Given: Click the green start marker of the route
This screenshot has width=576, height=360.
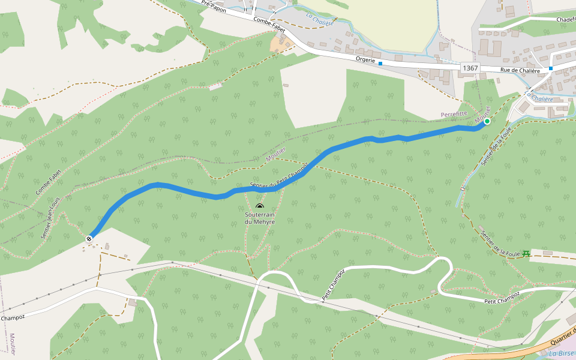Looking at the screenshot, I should (x=487, y=121).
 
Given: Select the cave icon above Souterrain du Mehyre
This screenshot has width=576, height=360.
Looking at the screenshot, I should (x=260, y=207).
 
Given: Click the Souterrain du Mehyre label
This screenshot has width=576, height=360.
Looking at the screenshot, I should (x=260, y=218).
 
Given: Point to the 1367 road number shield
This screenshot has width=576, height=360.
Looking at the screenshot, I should (x=470, y=68).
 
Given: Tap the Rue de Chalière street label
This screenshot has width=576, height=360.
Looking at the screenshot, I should (x=520, y=70).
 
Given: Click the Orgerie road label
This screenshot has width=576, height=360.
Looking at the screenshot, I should (x=365, y=60).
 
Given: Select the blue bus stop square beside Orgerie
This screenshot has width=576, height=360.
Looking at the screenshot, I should (x=380, y=63).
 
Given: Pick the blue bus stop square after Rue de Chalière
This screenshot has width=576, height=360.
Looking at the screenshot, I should (x=550, y=69).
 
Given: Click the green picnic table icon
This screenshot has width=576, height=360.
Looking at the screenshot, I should (x=526, y=254).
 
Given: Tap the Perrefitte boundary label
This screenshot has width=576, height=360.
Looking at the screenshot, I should (x=454, y=113).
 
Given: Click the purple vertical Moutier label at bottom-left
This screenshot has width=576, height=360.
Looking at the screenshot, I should (x=13, y=344).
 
